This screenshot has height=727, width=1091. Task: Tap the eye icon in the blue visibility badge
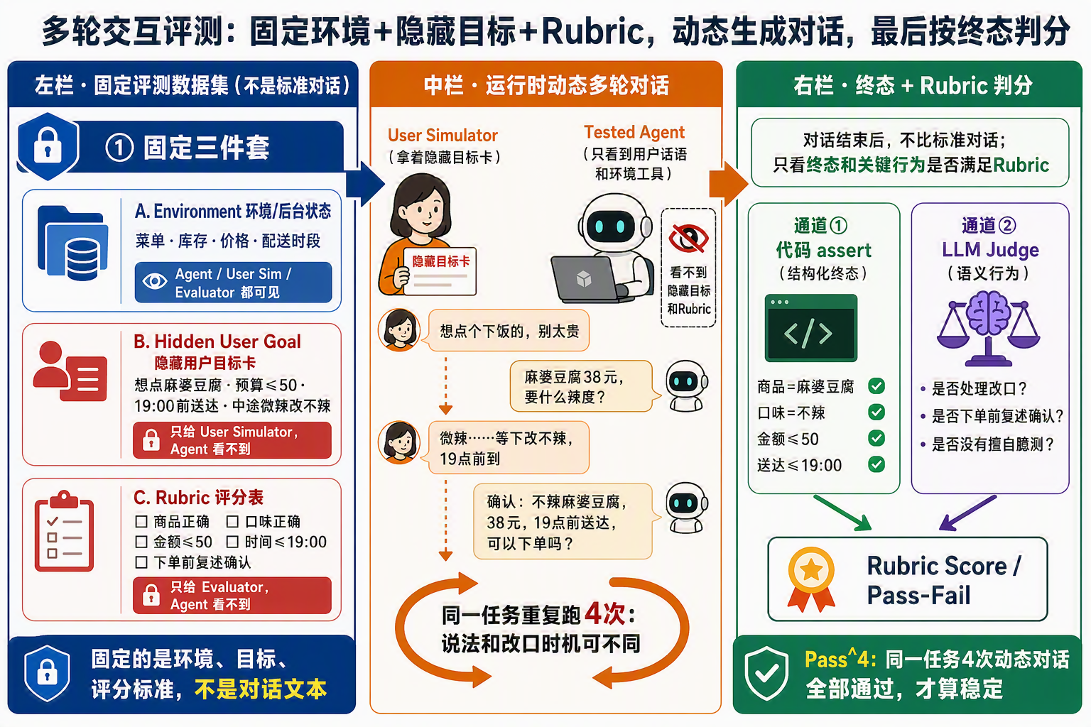tap(154, 281)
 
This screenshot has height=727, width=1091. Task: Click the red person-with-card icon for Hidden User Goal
tap(70, 371)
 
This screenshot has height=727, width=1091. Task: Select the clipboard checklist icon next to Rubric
tap(64, 531)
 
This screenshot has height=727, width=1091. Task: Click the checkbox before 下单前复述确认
tap(141, 562)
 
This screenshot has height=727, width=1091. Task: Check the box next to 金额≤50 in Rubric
tap(141, 542)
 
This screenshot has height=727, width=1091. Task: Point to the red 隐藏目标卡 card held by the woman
tap(440, 270)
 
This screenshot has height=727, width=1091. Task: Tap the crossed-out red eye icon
tap(688, 238)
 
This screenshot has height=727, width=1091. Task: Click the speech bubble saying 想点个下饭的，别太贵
tap(509, 331)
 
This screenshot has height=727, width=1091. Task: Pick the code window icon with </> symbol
tap(811, 328)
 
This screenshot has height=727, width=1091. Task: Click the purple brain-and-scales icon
tap(989, 328)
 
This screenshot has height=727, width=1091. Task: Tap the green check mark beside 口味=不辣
tap(876, 412)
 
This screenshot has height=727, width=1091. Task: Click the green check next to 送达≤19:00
tap(876, 464)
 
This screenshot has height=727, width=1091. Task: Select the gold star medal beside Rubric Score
tap(811, 579)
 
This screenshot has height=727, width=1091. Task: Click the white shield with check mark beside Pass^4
tap(766, 673)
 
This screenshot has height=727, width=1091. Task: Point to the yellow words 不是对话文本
tap(261, 689)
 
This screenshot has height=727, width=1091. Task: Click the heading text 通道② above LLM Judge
tap(989, 226)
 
